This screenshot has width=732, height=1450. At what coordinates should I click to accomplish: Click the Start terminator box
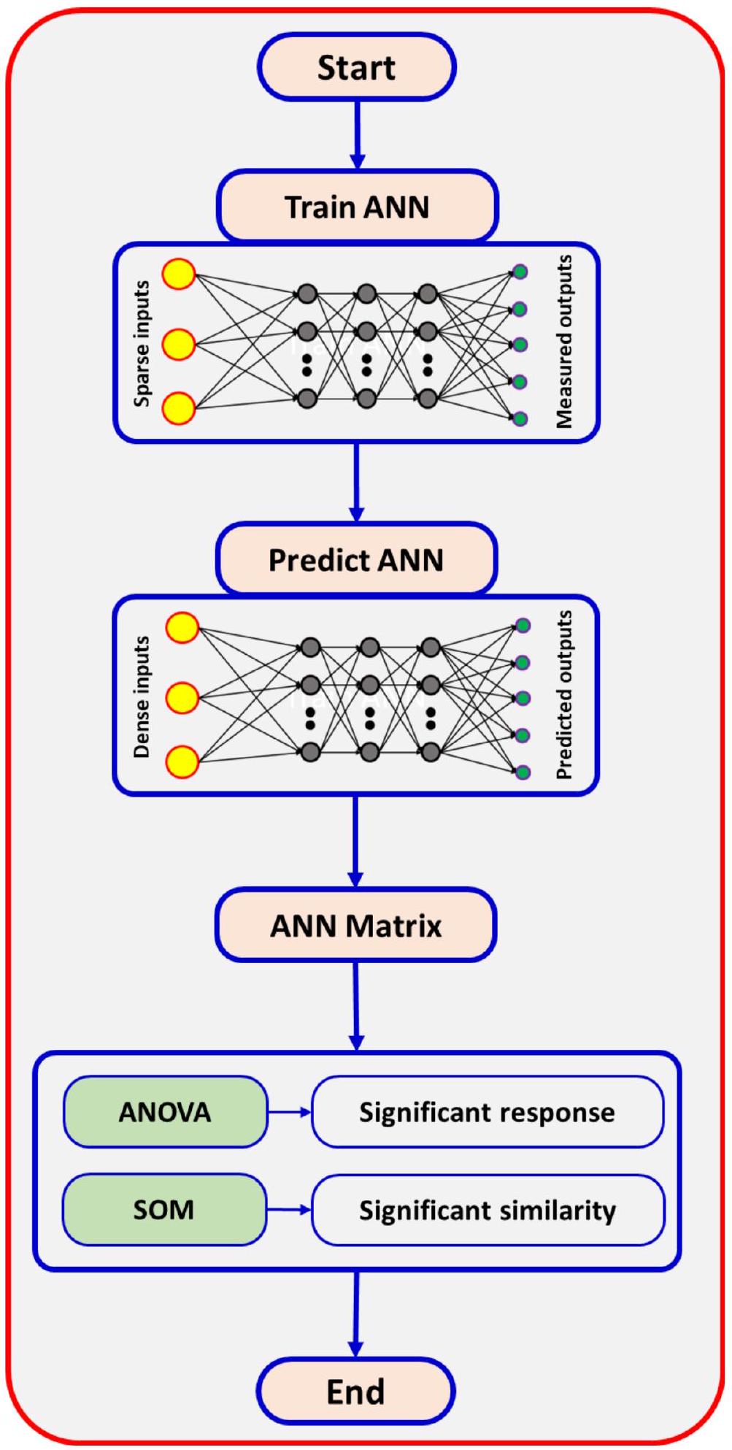pyautogui.click(x=357, y=67)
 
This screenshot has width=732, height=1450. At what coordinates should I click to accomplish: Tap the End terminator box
pyautogui.click(x=355, y=1391)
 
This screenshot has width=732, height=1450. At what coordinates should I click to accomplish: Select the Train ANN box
pyautogui.click(x=357, y=207)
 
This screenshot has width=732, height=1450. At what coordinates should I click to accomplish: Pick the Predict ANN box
pyautogui.click(x=356, y=560)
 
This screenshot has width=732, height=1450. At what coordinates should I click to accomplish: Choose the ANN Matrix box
pyautogui.click(x=356, y=926)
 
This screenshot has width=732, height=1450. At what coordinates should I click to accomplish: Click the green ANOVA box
pyautogui.click(x=165, y=1112)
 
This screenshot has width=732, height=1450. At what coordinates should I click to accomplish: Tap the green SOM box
pyautogui.click(x=163, y=1210)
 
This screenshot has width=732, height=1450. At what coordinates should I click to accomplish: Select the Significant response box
pyautogui.click(x=487, y=1112)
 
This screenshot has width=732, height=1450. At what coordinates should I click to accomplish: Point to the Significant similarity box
pyautogui.click(x=488, y=1210)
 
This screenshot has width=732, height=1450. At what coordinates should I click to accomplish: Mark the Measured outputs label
pyautogui.click(x=564, y=342)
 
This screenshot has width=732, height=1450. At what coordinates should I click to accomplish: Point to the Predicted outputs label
pyautogui.click(x=564, y=695)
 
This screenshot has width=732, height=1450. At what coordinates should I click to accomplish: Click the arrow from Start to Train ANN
pyautogui.click(x=357, y=135)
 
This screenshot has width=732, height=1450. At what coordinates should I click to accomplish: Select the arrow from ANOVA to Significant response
pyautogui.click(x=289, y=1112)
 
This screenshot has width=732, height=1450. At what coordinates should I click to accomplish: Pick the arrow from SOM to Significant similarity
pyautogui.click(x=289, y=1210)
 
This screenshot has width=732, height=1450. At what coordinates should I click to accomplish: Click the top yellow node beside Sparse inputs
pyautogui.click(x=179, y=275)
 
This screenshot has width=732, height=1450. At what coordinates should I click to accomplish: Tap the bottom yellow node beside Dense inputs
pyautogui.click(x=182, y=762)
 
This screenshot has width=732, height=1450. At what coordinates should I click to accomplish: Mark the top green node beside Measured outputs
pyautogui.click(x=520, y=272)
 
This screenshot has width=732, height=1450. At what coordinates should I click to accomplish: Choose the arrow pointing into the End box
pyautogui.click(x=356, y=1314)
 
